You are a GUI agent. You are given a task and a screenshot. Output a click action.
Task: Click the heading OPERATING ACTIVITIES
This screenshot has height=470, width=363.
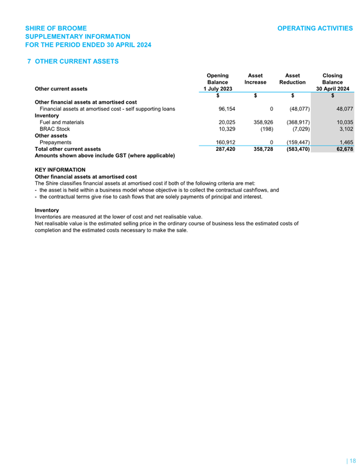(x=315, y=28)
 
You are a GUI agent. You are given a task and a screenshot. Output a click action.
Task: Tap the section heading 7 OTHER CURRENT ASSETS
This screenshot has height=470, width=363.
(x=73, y=61)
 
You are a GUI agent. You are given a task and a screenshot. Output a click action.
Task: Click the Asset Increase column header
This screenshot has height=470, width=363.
(x=255, y=79)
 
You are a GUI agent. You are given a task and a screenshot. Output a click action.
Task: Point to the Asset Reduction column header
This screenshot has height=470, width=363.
(x=292, y=79)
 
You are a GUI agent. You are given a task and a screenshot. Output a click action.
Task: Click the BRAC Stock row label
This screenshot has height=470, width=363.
(x=55, y=129)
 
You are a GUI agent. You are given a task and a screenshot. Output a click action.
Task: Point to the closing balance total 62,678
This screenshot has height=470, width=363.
(x=340, y=149)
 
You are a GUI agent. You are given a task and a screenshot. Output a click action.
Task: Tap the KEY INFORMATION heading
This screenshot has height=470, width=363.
(x=60, y=169)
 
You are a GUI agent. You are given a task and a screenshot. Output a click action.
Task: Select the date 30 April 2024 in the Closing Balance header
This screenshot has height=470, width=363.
(x=332, y=89)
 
